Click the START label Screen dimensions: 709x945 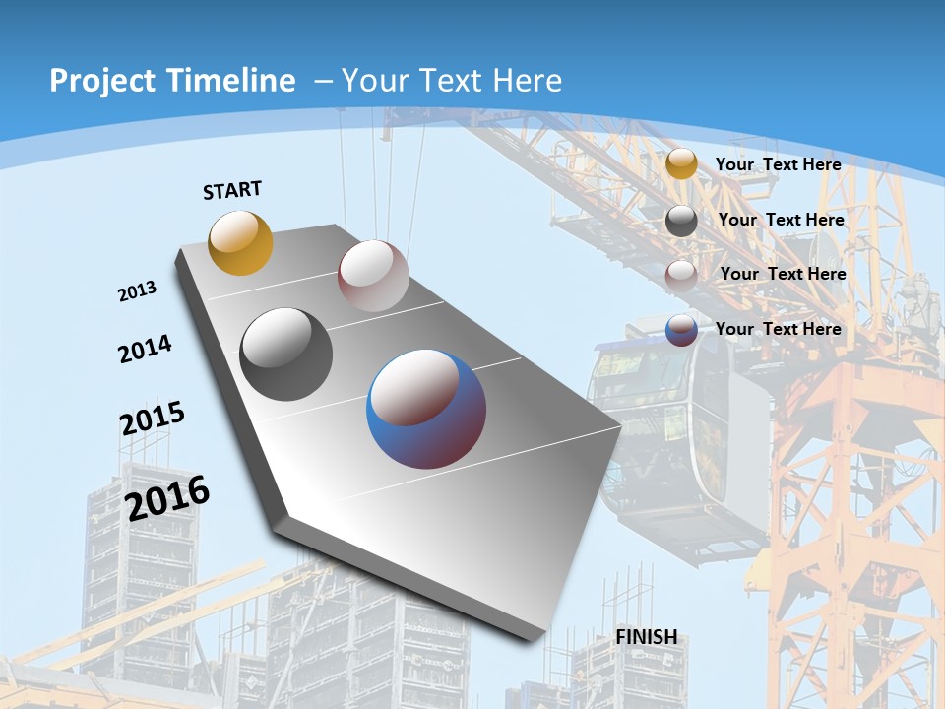click(232, 190)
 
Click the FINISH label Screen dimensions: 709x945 click(647, 637)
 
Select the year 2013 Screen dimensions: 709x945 click(137, 291)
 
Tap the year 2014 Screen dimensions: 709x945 click(145, 349)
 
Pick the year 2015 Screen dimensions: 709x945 click(152, 418)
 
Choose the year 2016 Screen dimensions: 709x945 click(167, 497)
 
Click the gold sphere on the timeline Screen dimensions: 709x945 click(240, 242)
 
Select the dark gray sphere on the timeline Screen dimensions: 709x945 click(286, 354)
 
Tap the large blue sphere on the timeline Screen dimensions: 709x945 click(426, 409)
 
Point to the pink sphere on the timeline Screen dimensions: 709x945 click(373, 276)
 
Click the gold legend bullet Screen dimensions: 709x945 click(681, 164)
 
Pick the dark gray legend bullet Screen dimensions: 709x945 click(681, 221)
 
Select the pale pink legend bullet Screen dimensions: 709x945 click(681, 275)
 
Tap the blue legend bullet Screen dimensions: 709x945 click(681, 330)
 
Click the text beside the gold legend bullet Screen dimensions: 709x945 click(778, 164)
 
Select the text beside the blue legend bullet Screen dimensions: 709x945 click(778, 329)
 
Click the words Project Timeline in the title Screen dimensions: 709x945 click(172, 81)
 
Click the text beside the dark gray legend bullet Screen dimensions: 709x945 click(781, 220)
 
